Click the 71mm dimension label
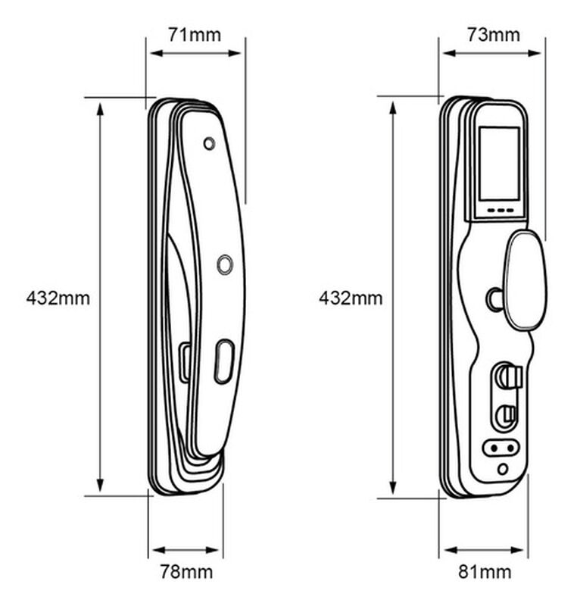click(195, 34)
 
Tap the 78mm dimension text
click(186, 571)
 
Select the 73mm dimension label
click(492, 34)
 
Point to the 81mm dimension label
click(485, 571)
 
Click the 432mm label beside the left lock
click(58, 298)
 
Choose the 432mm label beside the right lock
click(350, 298)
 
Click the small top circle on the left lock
click(209, 144)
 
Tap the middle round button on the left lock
click(225, 264)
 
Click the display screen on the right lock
click(499, 163)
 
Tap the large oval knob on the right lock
click(525, 280)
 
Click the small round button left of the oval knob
click(494, 298)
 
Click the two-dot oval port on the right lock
click(501, 448)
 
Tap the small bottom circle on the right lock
click(503, 470)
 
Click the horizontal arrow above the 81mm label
click(485, 550)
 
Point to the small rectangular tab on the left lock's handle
click(185, 362)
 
